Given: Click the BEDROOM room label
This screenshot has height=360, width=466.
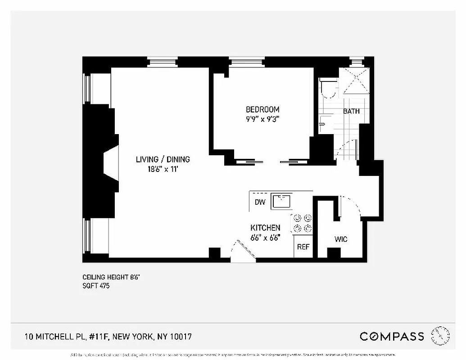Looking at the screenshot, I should coord(262,109).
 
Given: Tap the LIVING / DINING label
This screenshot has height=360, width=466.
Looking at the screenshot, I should coord(163,159).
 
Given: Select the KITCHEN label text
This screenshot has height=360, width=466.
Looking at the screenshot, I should coord(265,228).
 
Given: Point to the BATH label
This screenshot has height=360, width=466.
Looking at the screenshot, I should coord(351,111).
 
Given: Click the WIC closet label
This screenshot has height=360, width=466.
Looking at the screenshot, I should coord(341,239).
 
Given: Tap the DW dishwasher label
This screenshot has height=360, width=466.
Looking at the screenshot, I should coord(260,202).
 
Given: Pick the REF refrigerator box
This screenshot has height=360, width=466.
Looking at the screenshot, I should coord(303,247).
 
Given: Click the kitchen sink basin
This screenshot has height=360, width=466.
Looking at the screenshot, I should coord(282,201).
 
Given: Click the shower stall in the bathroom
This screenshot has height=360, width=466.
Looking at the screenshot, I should coord(356,81).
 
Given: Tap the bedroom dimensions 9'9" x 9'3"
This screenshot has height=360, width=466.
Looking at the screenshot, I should coord(262,119).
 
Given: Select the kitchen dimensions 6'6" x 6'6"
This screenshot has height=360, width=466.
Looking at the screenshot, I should coord(265,238).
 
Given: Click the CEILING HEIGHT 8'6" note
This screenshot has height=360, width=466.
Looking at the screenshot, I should coord(111,278).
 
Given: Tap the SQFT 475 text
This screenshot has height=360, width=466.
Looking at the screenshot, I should coord(95,286).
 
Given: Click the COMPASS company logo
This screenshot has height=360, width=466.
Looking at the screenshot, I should coord(391,336).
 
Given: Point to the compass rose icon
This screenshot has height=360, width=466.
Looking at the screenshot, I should coord(440,336).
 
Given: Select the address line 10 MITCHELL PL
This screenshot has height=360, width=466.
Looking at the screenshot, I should coord(110,337).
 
